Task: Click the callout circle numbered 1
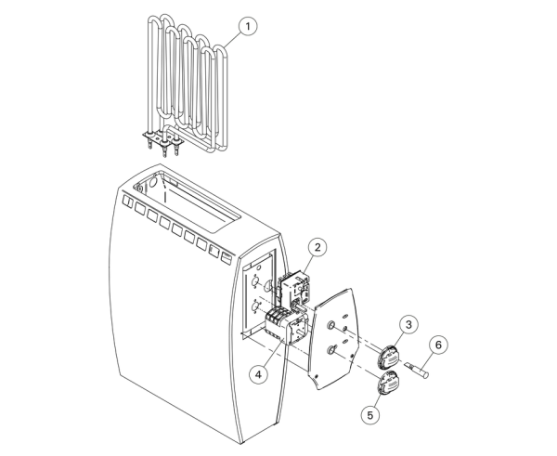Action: tap(248, 26)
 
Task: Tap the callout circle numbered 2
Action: tap(317, 247)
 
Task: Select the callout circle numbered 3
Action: tap(408, 324)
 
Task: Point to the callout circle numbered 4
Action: tap(258, 374)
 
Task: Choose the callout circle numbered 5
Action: tap(370, 415)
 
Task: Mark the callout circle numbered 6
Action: tap(438, 345)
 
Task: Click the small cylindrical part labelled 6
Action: tap(417, 369)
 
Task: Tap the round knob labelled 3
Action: tap(389, 358)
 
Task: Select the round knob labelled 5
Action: tap(388, 382)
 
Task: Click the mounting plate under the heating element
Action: tap(163, 139)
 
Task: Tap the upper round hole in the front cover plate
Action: tap(330, 324)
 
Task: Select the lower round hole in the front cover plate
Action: tap(330, 350)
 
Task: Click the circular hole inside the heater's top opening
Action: tap(153, 183)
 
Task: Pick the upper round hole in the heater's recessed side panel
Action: tap(254, 282)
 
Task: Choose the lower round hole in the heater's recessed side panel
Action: tap(254, 306)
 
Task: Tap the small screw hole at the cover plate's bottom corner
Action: tap(317, 376)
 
